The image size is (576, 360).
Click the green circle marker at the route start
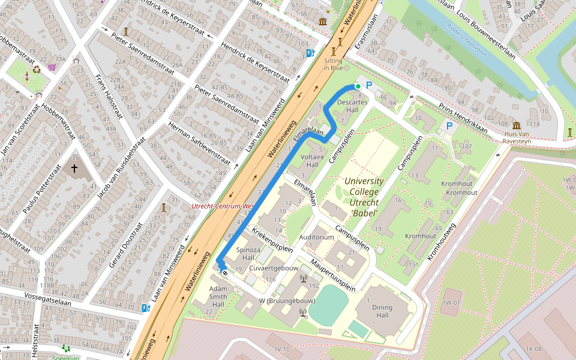tap(358, 86)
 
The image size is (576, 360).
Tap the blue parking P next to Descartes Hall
tap(369, 86)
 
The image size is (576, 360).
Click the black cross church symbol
tap(74, 169)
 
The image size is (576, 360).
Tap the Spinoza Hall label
tap(248, 253)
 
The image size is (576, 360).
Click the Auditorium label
tap(316, 237)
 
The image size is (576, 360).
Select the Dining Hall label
tap(382, 311)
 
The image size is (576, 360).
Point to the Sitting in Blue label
tap(333, 64)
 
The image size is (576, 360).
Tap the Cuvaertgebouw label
tap(274, 268)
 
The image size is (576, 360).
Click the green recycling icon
tap(37, 69)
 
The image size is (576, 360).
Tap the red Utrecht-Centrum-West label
tap(223, 206)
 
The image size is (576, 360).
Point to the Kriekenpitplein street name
tap(272, 239)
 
